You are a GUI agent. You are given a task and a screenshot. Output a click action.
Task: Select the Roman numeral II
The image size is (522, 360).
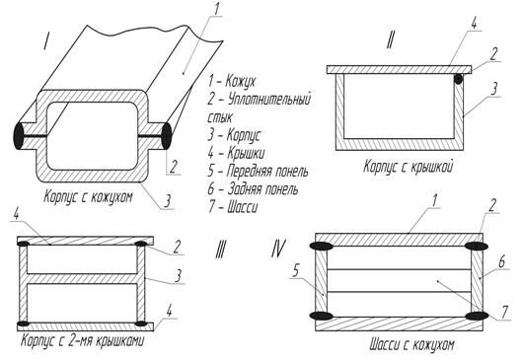point(390,40)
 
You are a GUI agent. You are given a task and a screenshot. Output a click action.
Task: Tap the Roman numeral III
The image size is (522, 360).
point(221,250)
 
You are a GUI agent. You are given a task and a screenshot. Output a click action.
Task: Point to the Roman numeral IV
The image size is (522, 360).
point(278,249)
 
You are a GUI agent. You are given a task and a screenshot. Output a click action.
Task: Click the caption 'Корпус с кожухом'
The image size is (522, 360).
point(88,196)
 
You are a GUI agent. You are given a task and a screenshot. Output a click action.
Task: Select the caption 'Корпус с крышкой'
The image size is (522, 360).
point(409,166)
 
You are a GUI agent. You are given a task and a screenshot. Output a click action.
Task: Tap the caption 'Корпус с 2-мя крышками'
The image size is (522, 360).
point(83,341)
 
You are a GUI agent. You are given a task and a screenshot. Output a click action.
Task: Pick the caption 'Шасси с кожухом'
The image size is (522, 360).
point(411,344)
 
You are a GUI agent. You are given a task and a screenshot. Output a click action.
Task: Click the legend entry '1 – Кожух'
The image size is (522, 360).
point(232,81)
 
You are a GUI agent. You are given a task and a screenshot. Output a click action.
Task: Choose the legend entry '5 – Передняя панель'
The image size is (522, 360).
point(258,171)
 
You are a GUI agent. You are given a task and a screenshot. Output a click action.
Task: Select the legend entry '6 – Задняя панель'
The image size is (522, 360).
point(253,189)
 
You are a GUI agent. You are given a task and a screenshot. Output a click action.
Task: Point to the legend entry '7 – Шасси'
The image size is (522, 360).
point(233,207)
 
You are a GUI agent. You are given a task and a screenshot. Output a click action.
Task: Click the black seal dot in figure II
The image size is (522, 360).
point(459,79)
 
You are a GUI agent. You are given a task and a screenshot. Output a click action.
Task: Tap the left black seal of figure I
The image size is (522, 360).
point(18,136)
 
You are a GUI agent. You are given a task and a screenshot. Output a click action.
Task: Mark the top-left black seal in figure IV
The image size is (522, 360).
point(322,247)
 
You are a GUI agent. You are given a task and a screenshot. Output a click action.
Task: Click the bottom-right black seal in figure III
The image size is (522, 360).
point(141,324)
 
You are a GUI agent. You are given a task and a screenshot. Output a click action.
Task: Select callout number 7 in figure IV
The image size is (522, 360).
point(504,312)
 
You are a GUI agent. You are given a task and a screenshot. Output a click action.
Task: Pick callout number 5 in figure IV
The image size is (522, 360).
point(296,271)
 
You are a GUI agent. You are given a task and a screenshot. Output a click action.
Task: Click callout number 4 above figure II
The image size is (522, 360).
point(474,23)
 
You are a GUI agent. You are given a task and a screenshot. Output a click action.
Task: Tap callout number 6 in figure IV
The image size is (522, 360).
point(501,261)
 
